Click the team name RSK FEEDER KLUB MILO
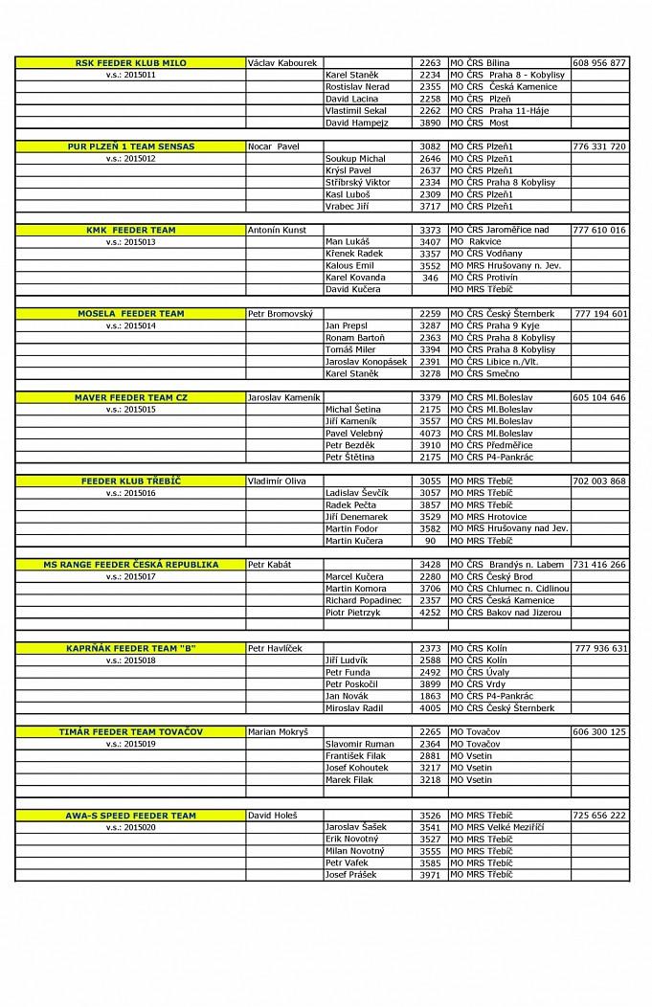point(130,63)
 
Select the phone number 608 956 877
point(599,63)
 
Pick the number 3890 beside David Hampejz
point(430,123)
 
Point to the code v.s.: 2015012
point(130,159)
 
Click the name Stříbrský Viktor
point(357,183)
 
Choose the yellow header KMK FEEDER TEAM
point(130,231)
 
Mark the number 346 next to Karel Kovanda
point(430,278)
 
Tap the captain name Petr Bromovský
point(280,314)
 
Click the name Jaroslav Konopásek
point(366,362)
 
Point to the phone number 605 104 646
point(599,397)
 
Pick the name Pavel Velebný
point(353,434)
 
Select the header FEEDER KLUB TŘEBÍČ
point(130,481)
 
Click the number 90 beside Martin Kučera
point(430,541)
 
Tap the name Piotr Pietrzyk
point(354,613)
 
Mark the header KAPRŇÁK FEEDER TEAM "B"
point(130,649)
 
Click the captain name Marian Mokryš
point(278,732)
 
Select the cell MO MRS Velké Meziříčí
point(497,827)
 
